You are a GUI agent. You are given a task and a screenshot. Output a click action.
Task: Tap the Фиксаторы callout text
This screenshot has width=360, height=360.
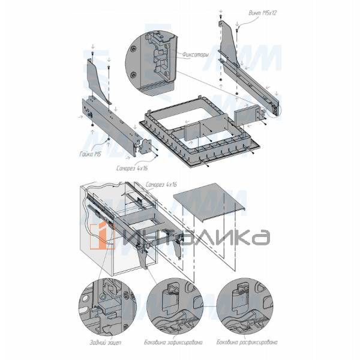click(196, 55)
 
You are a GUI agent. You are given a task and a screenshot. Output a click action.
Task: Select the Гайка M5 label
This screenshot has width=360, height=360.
click(89, 154)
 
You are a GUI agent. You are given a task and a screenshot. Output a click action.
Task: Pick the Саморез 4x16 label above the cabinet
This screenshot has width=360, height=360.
click(163, 183)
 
